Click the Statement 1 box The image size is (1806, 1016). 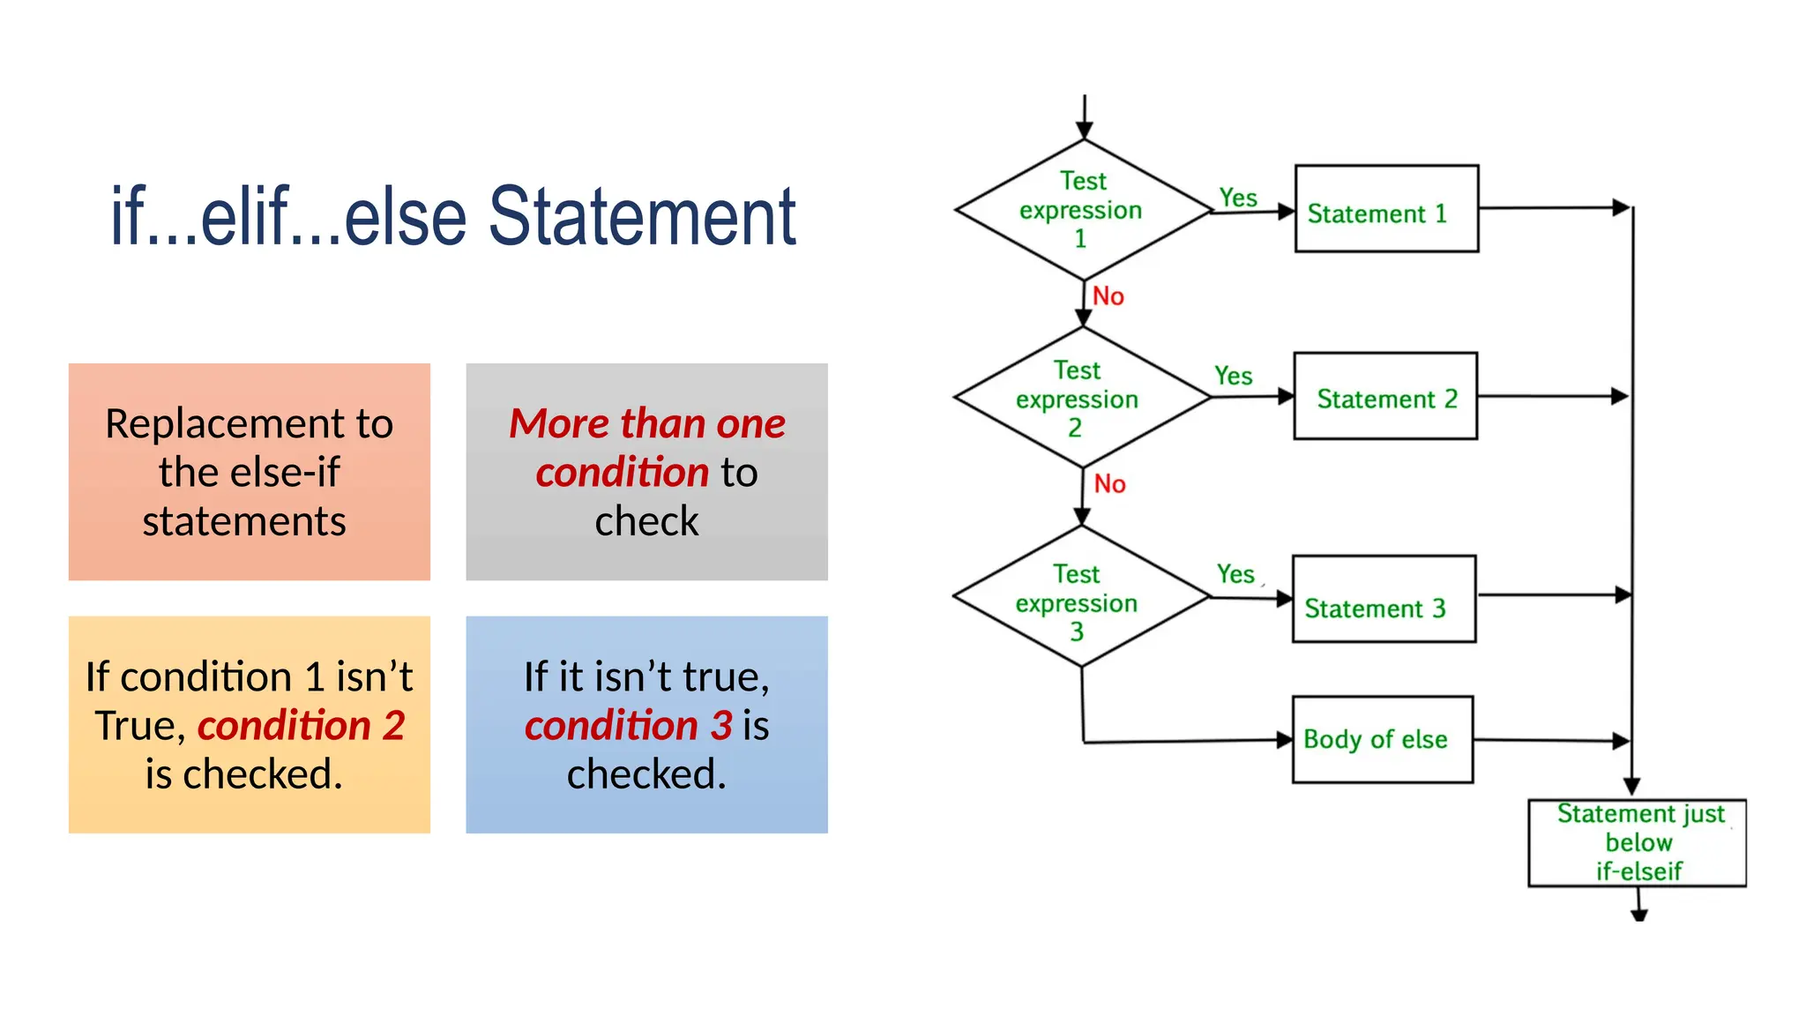(x=1385, y=209)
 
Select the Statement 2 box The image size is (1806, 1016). (x=1384, y=396)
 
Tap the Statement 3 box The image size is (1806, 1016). (x=1383, y=599)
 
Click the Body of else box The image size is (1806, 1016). (x=1382, y=739)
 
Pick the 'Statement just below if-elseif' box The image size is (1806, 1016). (x=1637, y=842)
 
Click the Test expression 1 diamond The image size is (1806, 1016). (x=1083, y=210)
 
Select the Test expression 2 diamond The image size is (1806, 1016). (x=1081, y=398)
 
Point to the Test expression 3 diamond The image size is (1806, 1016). (x=1080, y=597)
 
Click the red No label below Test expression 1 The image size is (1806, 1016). (x=1108, y=296)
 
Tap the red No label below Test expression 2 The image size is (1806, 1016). (x=1109, y=484)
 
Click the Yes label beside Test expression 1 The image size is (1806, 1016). (x=1238, y=198)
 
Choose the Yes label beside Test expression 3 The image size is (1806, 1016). (x=1235, y=575)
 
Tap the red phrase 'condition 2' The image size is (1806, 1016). (x=301, y=726)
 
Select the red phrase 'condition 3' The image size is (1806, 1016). (x=628, y=726)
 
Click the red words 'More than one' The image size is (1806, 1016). (x=646, y=423)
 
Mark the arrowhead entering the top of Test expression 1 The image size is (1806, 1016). (x=1085, y=131)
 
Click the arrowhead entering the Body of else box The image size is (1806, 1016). (x=1285, y=740)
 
